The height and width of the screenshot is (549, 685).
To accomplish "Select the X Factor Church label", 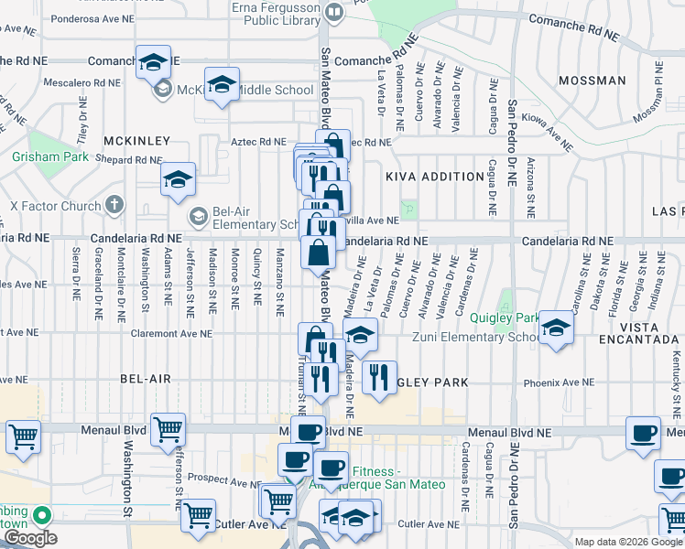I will (x=53, y=205).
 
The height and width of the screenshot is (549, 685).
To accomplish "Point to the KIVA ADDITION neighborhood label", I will (x=434, y=177).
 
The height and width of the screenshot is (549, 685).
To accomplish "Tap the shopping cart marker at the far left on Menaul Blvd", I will (x=23, y=436).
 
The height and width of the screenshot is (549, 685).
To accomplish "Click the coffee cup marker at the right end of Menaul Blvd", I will (x=643, y=432).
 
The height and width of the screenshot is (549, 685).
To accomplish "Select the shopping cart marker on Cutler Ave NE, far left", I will (x=198, y=516).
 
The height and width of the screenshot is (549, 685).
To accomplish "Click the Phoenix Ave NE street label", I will (x=558, y=382).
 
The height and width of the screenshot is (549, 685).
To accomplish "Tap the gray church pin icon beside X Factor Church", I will (x=114, y=204).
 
